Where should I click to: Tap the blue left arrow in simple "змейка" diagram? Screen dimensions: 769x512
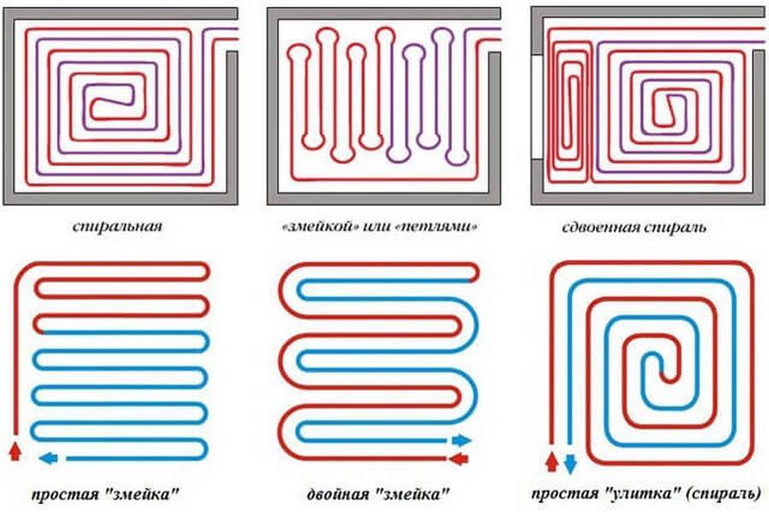click(50, 456)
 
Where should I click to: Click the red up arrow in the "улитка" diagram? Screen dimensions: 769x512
click(551, 462)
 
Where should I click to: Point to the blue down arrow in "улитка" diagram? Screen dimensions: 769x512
click(570, 463)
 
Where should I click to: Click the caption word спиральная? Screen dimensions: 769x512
click(117, 227)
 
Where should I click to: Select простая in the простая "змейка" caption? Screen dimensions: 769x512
click(68, 494)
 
